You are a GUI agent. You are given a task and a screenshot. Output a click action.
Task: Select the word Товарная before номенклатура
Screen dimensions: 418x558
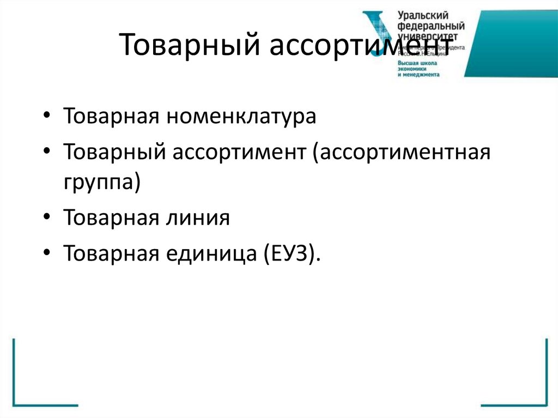pos(111,117)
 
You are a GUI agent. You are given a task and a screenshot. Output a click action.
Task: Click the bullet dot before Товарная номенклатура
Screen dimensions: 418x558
pos(48,118)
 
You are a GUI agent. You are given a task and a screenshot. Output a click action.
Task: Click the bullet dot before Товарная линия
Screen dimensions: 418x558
pos(48,219)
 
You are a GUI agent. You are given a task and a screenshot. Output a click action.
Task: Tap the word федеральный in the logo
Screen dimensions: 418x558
pos(431,26)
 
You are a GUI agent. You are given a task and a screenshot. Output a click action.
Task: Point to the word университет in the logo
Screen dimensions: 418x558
pos(430,36)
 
